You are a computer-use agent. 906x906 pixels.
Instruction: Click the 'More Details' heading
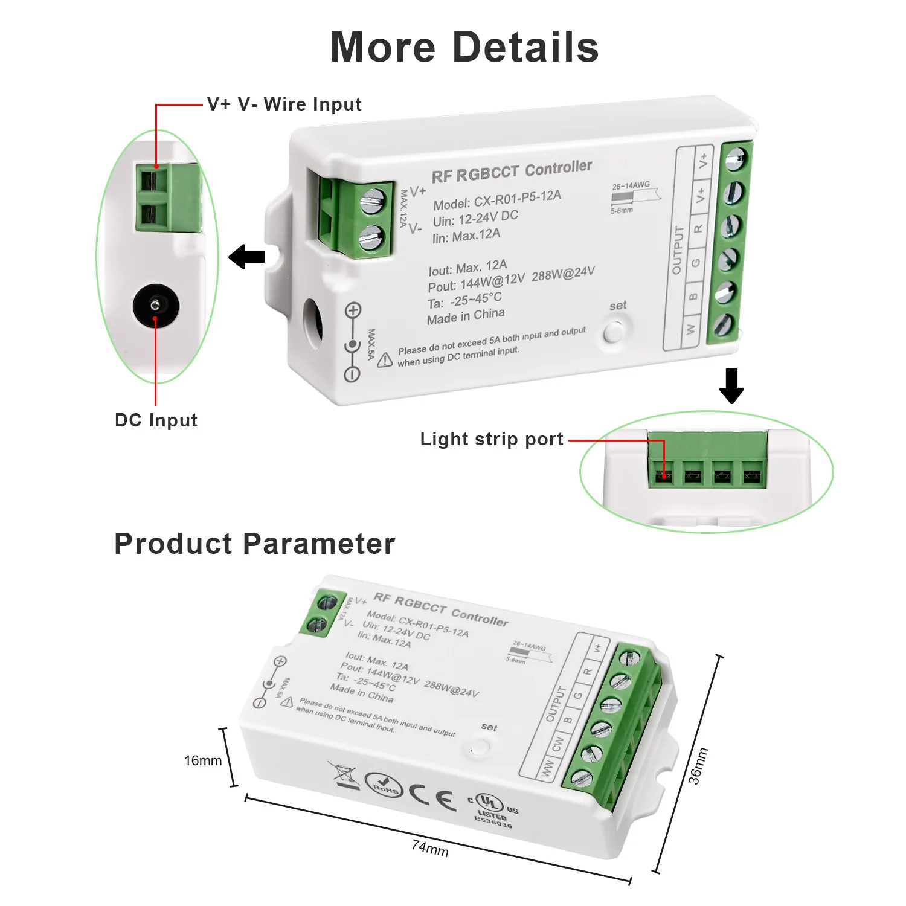pos(464,47)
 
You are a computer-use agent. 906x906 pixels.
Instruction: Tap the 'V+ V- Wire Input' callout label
pos(284,104)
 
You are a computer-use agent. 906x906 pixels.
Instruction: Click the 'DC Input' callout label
pos(156,420)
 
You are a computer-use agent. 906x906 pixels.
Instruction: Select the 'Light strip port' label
pos(492,439)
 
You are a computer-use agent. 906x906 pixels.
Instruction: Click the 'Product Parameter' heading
pos(254,544)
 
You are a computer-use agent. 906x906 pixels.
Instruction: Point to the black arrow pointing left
pos(247,257)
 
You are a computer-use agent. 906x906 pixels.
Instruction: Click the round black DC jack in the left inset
pos(156,304)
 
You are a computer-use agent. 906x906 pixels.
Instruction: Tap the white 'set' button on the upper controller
pos(614,331)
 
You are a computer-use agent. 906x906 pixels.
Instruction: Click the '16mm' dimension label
pos(203,760)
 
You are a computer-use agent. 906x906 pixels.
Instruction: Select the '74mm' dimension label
pos(430,848)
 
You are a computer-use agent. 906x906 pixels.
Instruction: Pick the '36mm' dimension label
pos(698,766)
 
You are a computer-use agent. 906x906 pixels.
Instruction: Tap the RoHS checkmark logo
pos(384,784)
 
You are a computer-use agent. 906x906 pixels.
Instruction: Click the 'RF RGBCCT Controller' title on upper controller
pos(512,172)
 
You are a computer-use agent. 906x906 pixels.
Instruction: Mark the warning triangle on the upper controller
pos(385,360)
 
